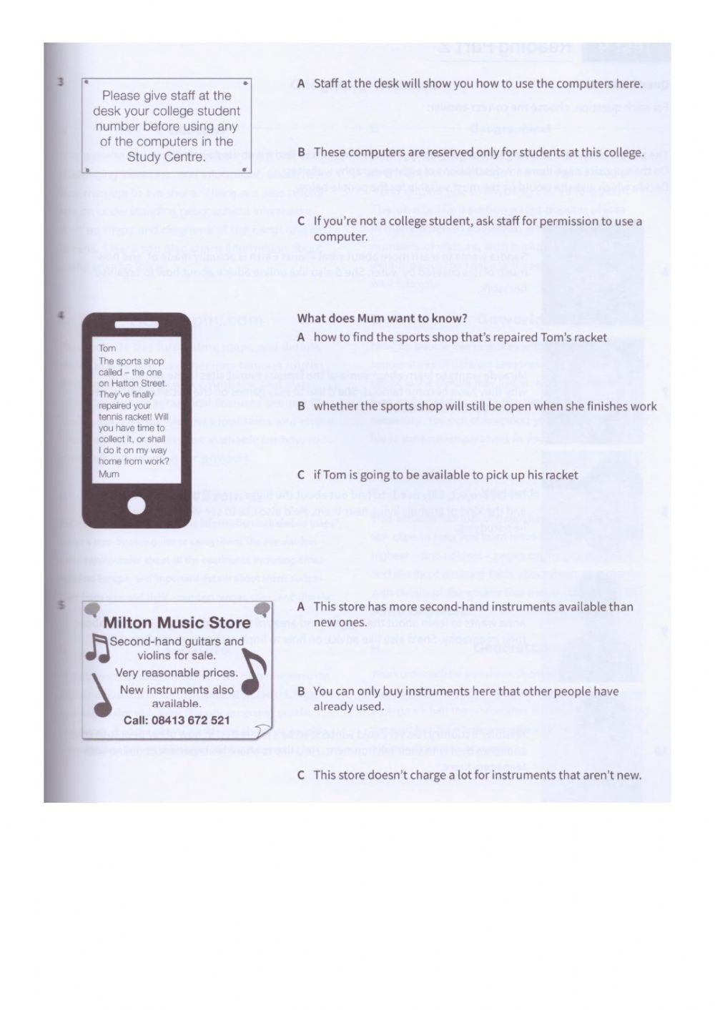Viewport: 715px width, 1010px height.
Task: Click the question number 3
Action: pyautogui.click(x=61, y=82)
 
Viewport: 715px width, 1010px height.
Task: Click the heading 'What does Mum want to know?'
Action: pyautogui.click(x=382, y=318)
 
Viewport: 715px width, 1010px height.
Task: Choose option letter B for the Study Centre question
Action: pyautogui.click(x=301, y=152)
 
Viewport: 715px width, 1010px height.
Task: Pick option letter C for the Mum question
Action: pyautogui.click(x=301, y=475)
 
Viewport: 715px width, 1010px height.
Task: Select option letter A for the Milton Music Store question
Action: pyautogui.click(x=301, y=607)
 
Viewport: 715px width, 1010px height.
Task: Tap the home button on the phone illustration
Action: pyautogui.click(x=136, y=506)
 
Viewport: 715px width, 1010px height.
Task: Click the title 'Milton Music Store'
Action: pyautogui.click(x=177, y=623)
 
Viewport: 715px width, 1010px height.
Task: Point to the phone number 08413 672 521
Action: pyautogui.click(x=177, y=720)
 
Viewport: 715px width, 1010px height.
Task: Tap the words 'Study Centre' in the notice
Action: pyautogui.click(x=166, y=157)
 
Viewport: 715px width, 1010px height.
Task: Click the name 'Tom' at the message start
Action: pyautogui.click(x=107, y=349)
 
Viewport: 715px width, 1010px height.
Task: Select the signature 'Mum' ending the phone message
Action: pyautogui.click(x=109, y=474)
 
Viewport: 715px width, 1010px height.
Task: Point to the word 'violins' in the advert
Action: pyautogui.click(x=156, y=655)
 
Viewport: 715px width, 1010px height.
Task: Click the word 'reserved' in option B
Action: pyautogui.click(x=435, y=152)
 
